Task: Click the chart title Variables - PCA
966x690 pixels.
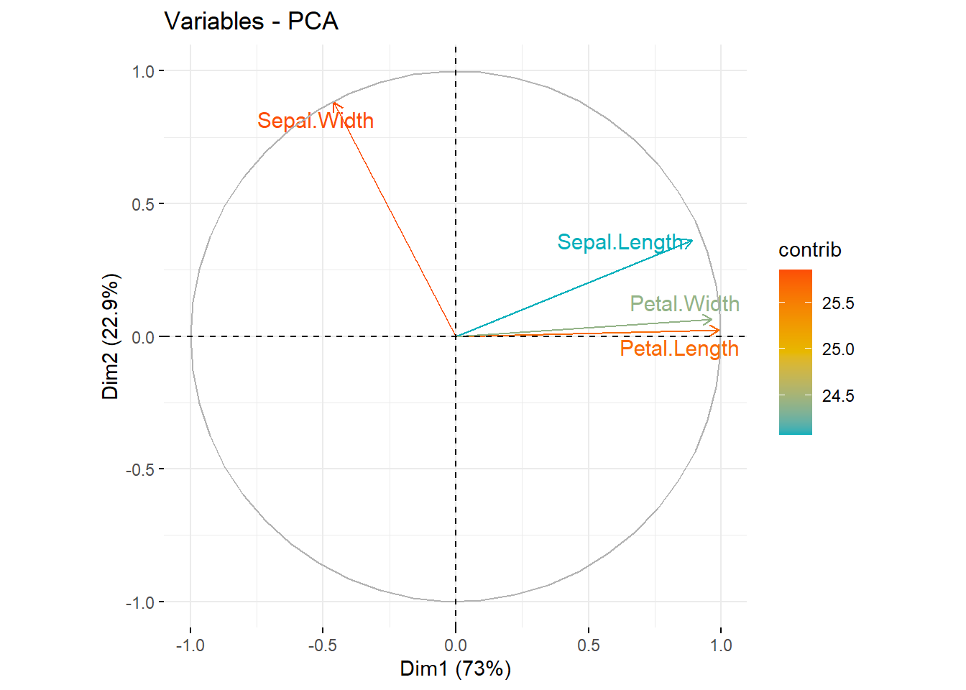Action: click(251, 22)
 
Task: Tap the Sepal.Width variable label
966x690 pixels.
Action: click(316, 121)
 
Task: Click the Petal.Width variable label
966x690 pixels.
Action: click(684, 304)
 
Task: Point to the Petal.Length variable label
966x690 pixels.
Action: click(679, 349)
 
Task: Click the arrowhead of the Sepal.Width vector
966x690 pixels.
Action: click(334, 103)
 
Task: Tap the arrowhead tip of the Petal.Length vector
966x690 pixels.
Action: click(719, 331)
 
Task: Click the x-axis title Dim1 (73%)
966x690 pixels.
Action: click(455, 668)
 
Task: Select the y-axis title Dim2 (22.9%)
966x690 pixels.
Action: click(110, 336)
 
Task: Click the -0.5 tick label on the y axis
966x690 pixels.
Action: click(140, 469)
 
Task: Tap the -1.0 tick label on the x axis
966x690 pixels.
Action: click(190, 645)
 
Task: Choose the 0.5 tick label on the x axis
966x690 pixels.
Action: click(588, 645)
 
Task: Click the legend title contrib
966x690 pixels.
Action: click(809, 250)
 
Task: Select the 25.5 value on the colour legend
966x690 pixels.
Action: click(838, 303)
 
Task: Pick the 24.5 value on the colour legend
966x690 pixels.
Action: click(838, 396)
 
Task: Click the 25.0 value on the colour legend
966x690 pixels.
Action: click(838, 349)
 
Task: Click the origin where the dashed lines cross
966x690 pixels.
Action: click(456, 336)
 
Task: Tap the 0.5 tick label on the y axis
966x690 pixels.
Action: click(143, 204)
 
